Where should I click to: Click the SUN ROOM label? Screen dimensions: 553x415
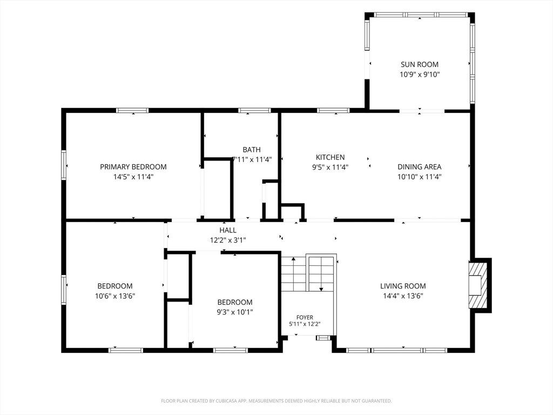click(x=419, y=64)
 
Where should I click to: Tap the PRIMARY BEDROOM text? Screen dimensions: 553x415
click(x=133, y=166)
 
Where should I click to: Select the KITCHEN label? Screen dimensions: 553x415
click(x=330, y=157)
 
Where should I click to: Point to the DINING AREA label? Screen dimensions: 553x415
click(x=419, y=166)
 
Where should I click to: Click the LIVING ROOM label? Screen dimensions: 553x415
click(x=403, y=286)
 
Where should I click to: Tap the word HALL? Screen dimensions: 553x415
click(x=228, y=230)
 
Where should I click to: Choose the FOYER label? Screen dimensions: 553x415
click(x=305, y=317)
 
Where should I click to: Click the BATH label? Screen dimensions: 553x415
click(x=252, y=150)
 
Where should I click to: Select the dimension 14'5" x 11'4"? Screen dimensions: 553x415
click(x=133, y=177)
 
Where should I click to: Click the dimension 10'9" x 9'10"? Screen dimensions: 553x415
click(x=420, y=74)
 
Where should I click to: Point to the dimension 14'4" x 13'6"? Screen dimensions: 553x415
click(x=403, y=296)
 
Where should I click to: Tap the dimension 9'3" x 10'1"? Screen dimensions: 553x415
click(x=235, y=312)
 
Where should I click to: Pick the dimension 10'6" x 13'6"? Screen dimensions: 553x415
click(x=115, y=296)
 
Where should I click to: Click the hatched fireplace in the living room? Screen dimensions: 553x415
click(x=478, y=285)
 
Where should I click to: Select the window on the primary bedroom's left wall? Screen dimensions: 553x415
click(x=64, y=165)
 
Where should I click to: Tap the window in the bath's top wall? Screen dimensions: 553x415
click(x=254, y=110)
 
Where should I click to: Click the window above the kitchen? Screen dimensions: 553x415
click(x=333, y=110)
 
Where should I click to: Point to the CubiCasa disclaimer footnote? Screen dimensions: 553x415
click(x=276, y=401)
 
